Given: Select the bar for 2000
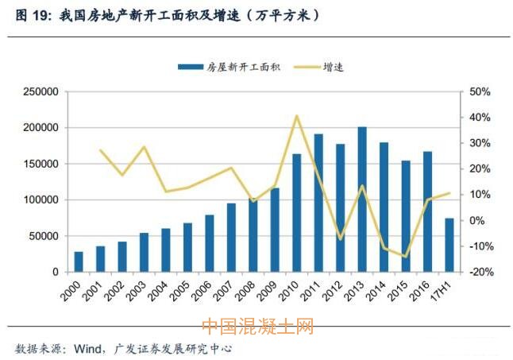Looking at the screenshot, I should click(79, 261).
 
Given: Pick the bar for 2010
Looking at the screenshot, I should click(297, 213).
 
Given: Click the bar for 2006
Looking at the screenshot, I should click(210, 243).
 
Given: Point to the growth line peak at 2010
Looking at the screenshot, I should click(297, 116).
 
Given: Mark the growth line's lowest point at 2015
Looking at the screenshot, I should click(405, 257).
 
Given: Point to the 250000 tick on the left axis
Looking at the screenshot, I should click(39, 92).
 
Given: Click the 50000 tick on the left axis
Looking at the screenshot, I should click(41, 236).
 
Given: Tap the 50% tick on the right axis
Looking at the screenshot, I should click(481, 92).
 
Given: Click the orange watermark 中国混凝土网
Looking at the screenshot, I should click(257, 327).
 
